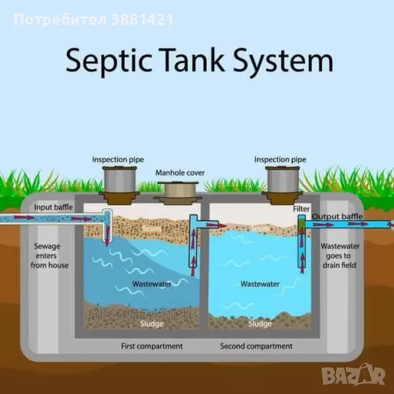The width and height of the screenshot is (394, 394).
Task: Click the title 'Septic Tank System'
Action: coord(198,61)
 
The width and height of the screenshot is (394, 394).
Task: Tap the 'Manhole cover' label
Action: coord(180,173)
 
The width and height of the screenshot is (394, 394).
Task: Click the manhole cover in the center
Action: coord(180,191)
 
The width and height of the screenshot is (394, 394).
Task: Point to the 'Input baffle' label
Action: coord(54,208)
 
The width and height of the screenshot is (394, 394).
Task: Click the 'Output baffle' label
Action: coord(337,217)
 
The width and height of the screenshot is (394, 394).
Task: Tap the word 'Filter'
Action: coord(301,209)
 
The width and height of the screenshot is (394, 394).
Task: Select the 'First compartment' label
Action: coord(152,346)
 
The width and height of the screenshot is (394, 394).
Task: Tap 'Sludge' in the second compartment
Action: coord(260,324)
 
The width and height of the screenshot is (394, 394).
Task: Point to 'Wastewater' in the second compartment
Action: coord(260,284)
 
